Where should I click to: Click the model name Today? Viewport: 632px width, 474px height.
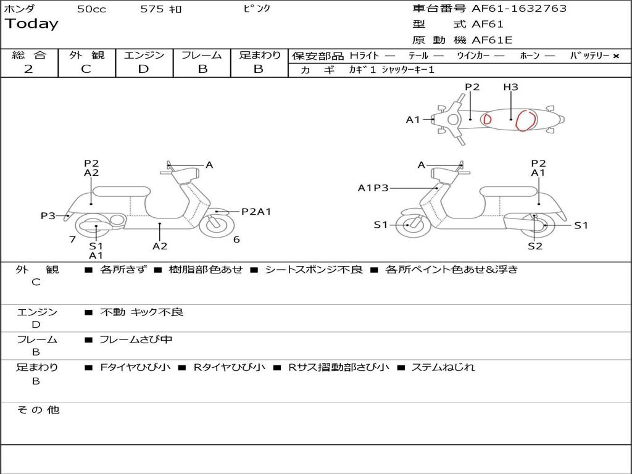(x=31, y=24)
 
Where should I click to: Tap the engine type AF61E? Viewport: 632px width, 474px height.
(x=492, y=40)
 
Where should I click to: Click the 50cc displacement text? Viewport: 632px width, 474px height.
(x=91, y=9)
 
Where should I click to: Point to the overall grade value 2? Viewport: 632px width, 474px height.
(x=28, y=69)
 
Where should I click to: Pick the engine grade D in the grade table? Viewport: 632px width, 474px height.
(x=143, y=69)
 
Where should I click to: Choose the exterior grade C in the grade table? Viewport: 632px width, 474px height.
(x=86, y=69)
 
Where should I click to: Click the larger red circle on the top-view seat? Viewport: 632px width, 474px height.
(x=526, y=120)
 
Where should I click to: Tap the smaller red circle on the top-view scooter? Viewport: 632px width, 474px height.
(x=487, y=118)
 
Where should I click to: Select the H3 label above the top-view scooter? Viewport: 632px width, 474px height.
(x=510, y=87)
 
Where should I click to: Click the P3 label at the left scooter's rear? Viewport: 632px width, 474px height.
(x=48, y=215)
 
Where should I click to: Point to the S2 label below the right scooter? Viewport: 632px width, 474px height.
(x=534, y=246)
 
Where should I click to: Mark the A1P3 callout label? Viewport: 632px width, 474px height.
(x=373, y=188)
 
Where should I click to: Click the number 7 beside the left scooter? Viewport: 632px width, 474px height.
(x=73, y=239)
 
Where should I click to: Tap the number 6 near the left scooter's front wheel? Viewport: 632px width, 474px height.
(x=236, y=239)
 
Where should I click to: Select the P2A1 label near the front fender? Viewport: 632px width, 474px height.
(x=256, y=212)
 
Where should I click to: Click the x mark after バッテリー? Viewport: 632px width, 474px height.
(x=616, y=56)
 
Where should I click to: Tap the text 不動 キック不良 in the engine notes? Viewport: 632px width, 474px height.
(x=141, y=312)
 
